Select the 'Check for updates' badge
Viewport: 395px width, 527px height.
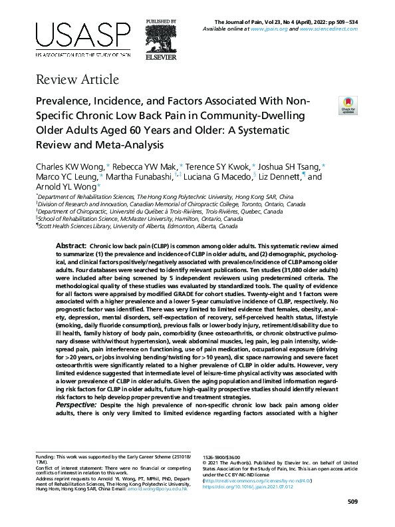coord(348,104)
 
